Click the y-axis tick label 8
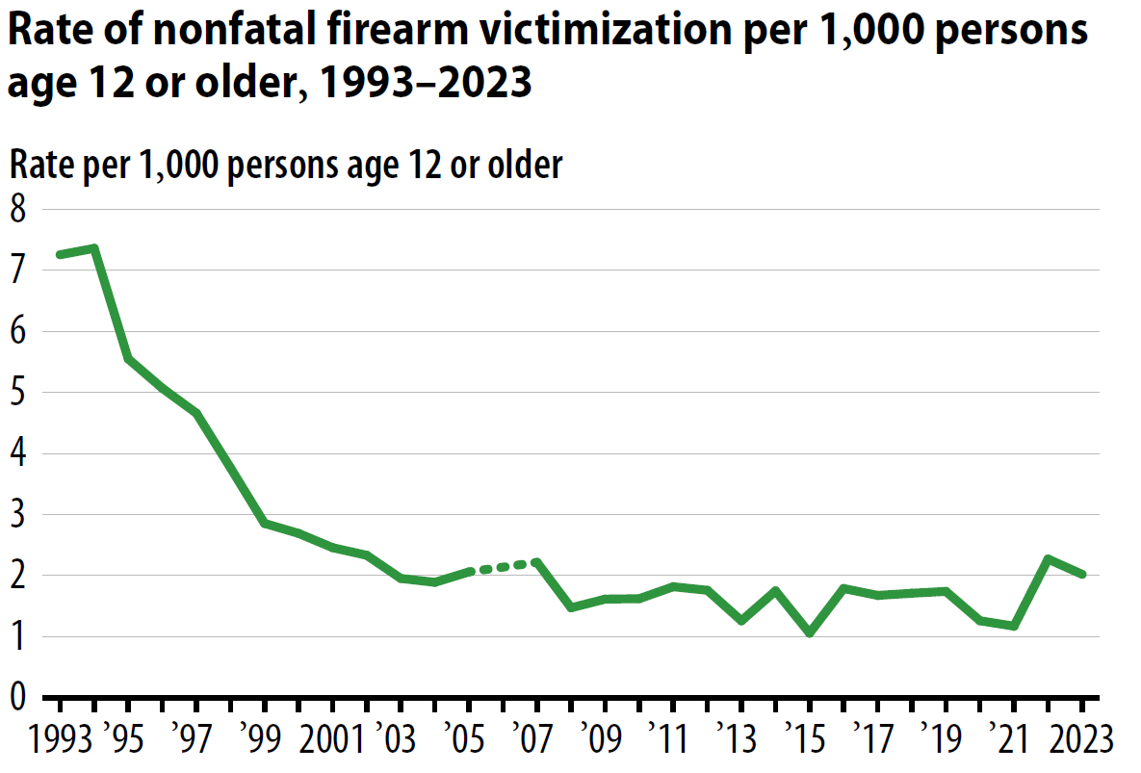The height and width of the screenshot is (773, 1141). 19,210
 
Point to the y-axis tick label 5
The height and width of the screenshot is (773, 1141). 19,393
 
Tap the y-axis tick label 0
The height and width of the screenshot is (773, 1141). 19,698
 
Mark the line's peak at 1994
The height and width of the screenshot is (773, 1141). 94,248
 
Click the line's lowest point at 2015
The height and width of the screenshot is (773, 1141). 810,633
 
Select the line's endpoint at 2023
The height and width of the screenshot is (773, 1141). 1082,575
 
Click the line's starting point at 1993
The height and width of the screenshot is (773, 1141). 60,254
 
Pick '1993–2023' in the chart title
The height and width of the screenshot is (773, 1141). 425,84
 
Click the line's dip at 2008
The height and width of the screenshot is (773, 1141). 571,607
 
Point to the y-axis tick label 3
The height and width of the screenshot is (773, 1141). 19,515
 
